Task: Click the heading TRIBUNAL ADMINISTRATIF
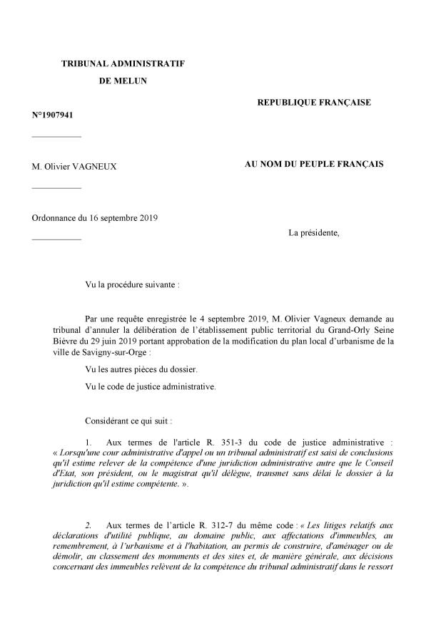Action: [123, 63]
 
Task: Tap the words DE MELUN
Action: [122, 81]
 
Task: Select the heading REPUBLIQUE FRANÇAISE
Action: [314, 103]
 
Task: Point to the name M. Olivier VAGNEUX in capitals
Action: [74, 166]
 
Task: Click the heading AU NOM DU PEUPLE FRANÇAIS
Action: [314, 164]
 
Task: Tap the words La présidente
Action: [313, 232]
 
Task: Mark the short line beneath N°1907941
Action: [56, 135]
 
